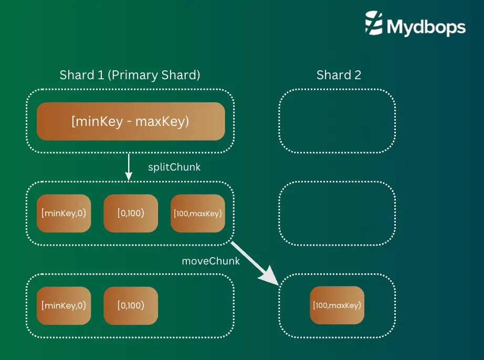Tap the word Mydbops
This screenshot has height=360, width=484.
pos(426,27)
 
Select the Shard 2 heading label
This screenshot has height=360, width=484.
pos(339,75)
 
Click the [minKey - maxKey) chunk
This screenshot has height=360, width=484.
pos(130,121)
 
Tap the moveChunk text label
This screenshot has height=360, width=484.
pos(211,261)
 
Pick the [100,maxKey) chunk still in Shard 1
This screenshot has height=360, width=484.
pos(197,214)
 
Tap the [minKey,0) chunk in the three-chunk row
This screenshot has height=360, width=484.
pos(64,214)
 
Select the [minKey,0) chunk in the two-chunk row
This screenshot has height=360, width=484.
pos(64,305)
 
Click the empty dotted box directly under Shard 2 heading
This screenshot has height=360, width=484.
pos(336,121)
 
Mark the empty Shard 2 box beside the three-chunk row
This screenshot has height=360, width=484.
pos(336,214)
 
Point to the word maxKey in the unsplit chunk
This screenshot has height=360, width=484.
pos(162,121)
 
